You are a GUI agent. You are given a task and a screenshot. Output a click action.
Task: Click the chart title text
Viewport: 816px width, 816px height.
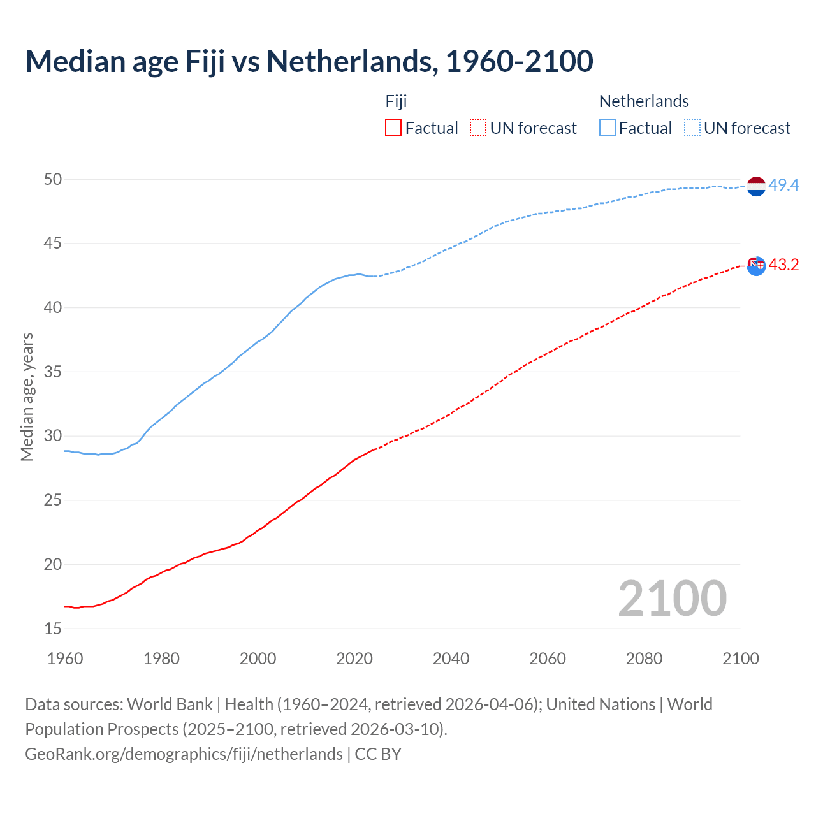tap(309, 61)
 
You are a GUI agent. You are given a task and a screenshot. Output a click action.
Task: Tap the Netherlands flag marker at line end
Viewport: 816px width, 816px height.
tap(756, 186)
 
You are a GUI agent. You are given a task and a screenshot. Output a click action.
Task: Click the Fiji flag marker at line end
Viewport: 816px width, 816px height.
tap(756, 266)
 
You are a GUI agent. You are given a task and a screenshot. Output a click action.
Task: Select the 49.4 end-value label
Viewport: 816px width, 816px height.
tap(783, 186)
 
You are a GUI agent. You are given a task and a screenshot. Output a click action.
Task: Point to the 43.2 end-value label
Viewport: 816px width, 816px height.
tap(783, 265)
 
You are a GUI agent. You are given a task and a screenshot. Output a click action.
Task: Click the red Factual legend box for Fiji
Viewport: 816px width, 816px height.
tap(393, 128)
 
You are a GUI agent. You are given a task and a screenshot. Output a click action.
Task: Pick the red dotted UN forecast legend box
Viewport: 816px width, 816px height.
tap(478, 128)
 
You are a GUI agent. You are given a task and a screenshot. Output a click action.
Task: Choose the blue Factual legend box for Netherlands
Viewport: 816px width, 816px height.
tap(608, 128)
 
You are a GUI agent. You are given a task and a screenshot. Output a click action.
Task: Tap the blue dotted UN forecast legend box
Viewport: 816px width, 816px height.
tap(692, 128)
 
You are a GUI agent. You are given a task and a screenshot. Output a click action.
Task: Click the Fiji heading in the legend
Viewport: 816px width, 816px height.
tap(396, 101)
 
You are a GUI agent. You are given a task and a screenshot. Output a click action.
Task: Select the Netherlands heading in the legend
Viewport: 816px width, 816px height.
tap(644, 101)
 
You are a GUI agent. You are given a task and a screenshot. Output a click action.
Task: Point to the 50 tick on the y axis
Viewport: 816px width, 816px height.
tap(53, 180)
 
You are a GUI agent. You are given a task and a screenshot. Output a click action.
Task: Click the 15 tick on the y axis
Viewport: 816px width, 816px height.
tap(53, 629)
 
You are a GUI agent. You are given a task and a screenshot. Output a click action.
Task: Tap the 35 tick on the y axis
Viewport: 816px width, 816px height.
tap(53, 372)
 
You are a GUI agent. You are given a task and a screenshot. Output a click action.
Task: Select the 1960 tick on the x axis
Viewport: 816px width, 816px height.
tap(65, 659)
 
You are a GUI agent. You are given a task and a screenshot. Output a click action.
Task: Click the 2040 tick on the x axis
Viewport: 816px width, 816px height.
tap(451, 659)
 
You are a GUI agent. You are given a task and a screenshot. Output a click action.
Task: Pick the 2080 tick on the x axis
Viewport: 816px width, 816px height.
tap(644, 659)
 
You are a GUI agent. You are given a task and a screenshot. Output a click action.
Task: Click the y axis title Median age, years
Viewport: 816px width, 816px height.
tap(27, 397)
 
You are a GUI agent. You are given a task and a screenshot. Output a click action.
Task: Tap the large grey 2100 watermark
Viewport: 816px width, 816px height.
tap(672, 599)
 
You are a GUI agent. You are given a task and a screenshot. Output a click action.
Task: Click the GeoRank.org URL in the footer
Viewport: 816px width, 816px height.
tap(184, 754)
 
